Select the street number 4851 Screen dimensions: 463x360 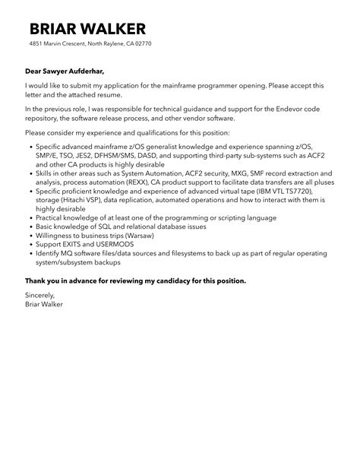coord(37,43)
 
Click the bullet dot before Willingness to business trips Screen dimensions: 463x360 coord(30,237)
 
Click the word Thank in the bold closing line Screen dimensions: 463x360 coord(37,281)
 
